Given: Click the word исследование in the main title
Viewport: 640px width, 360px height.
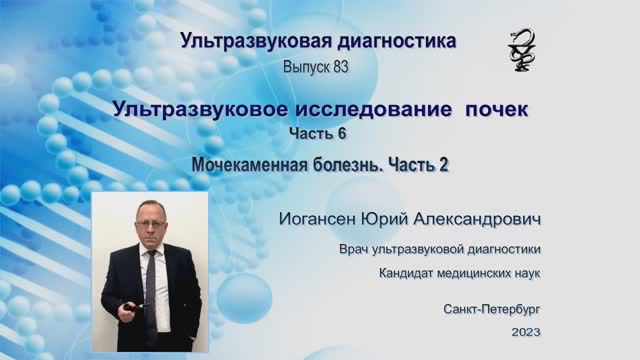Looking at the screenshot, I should (x=376, y=108).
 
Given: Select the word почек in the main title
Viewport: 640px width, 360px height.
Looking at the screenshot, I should (x=493, y=108).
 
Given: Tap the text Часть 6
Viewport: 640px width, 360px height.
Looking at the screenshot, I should (x=319, y=133).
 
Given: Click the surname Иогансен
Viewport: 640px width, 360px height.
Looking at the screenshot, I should (x=320, y=217).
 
